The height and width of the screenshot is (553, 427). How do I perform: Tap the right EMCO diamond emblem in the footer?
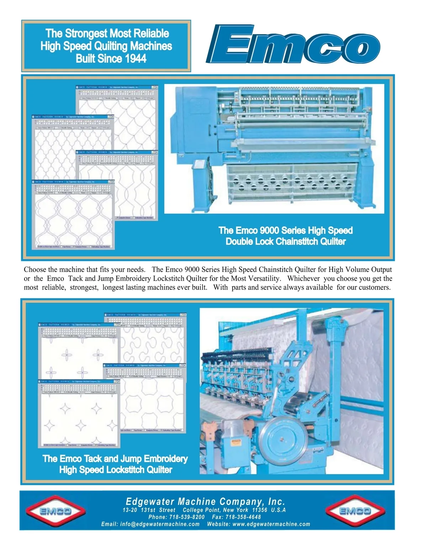pos(355,511)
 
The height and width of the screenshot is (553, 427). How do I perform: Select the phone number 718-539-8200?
pos(186,517)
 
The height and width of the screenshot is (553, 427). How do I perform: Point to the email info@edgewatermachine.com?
pos(160,524)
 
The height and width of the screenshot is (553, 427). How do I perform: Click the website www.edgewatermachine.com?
pos(271,524)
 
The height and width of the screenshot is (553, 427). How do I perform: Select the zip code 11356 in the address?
pos(260,510)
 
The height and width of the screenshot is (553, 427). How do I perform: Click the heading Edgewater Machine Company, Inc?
pos(206,502)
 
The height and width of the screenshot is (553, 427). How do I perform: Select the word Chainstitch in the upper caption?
pos(297,241)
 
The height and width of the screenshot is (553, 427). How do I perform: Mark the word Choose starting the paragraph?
pos(35,270)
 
